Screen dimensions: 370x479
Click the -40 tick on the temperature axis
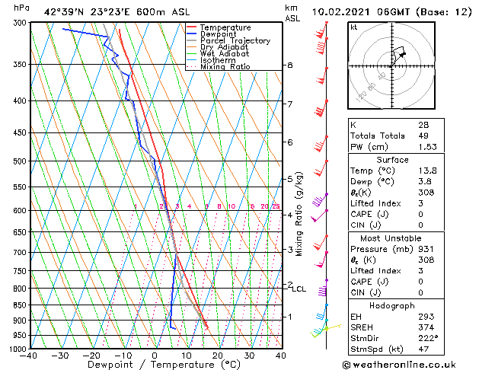29,356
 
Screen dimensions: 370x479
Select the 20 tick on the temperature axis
218,356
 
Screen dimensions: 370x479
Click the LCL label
299,289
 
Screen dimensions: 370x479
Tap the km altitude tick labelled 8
290,65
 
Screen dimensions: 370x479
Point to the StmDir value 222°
427,338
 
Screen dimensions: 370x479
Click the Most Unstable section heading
393,238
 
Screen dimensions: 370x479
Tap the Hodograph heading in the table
393,305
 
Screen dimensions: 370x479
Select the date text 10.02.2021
350,12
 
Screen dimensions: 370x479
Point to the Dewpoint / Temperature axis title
155,366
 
